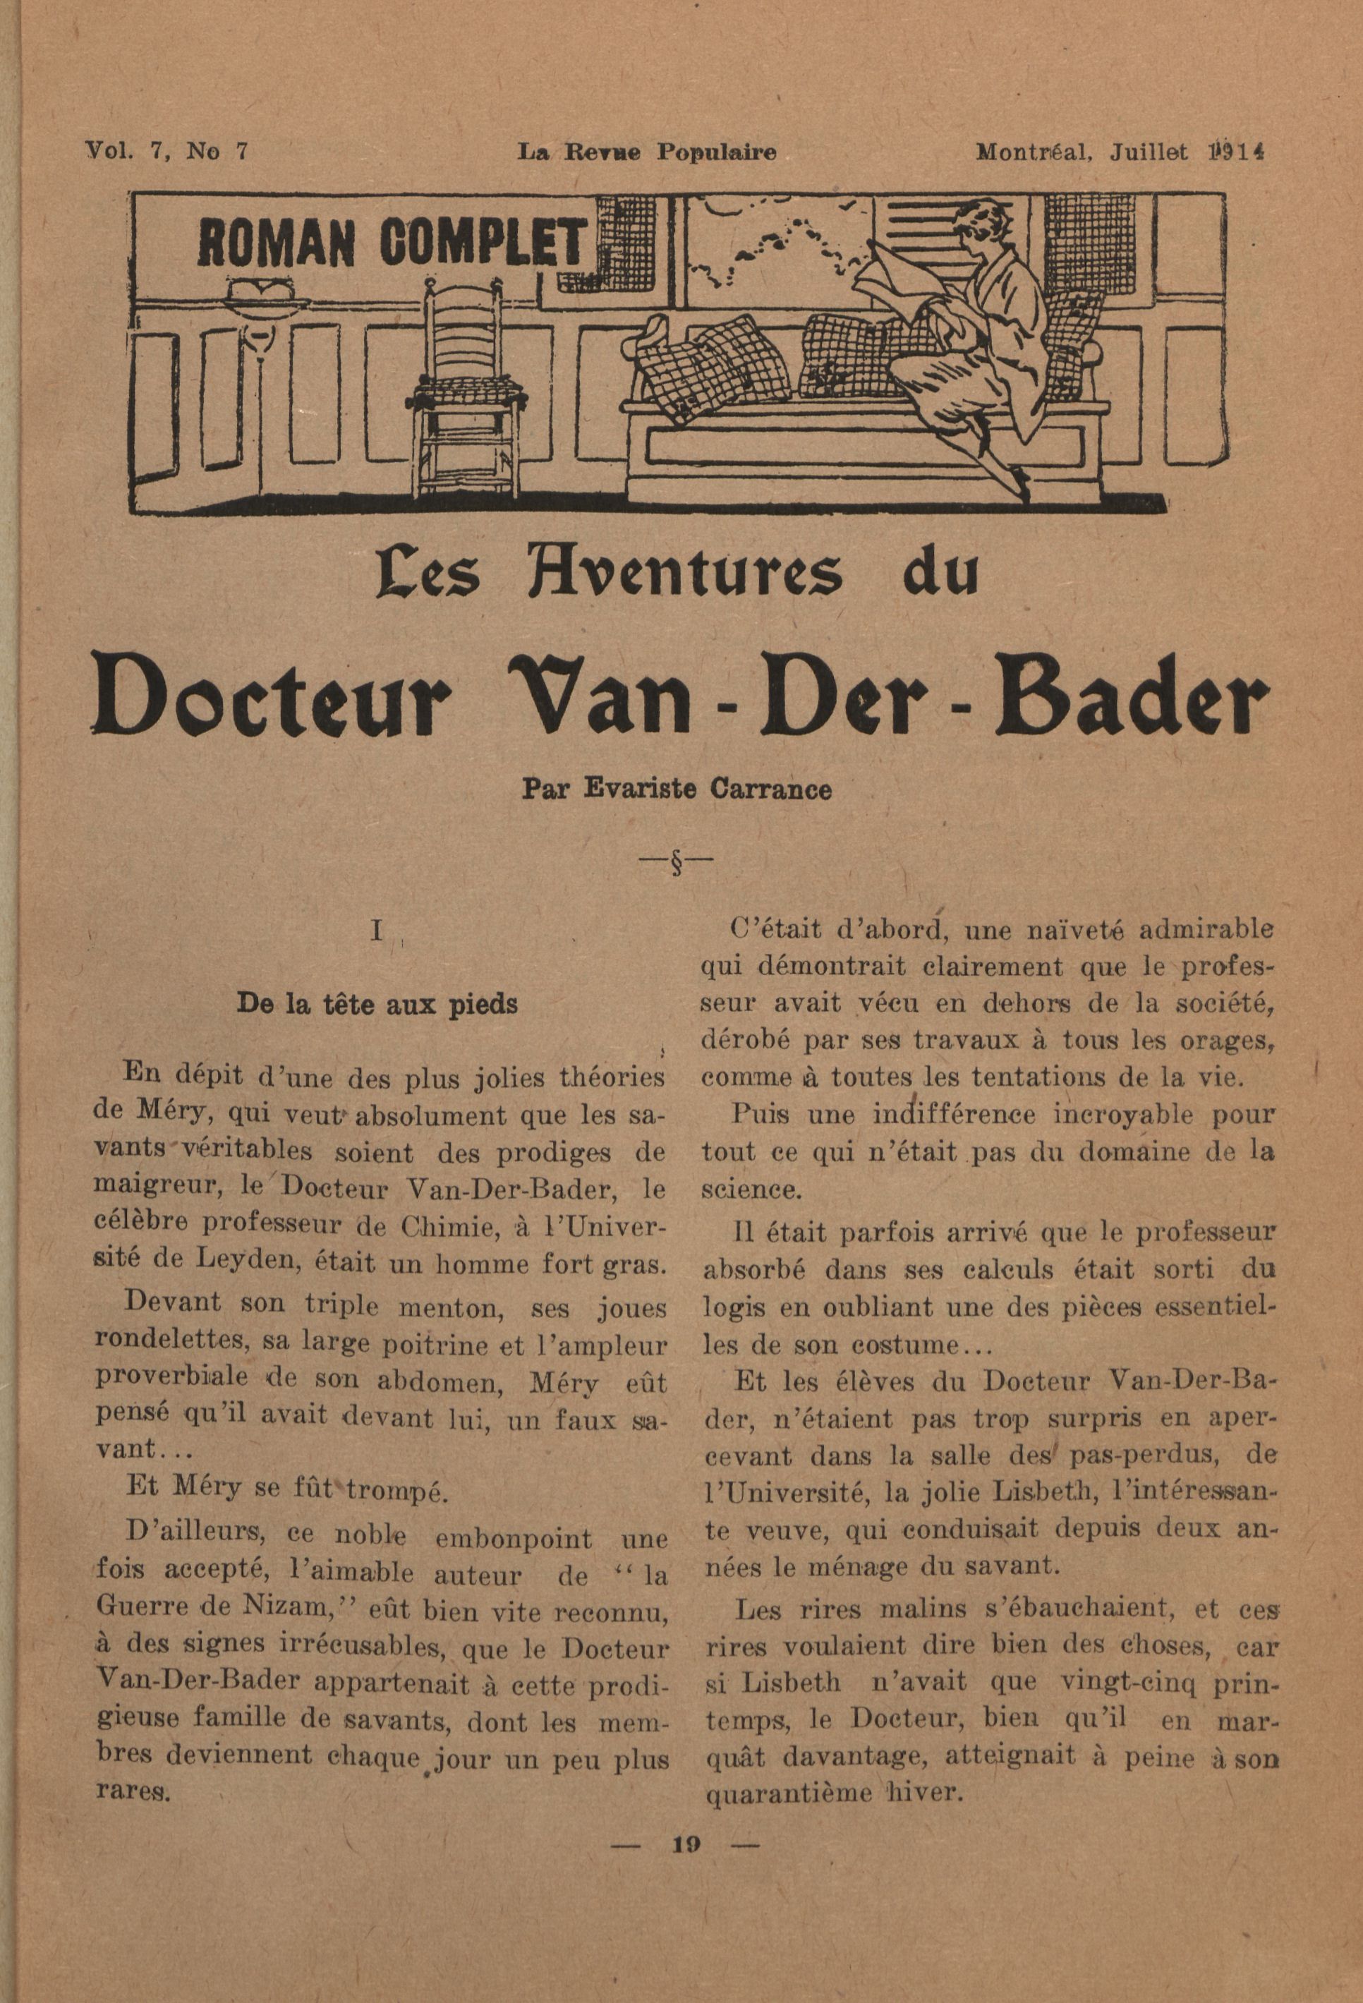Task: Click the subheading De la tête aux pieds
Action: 377,1005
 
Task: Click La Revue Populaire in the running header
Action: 646,152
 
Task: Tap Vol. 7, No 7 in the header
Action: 167,152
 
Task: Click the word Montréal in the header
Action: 1033,152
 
